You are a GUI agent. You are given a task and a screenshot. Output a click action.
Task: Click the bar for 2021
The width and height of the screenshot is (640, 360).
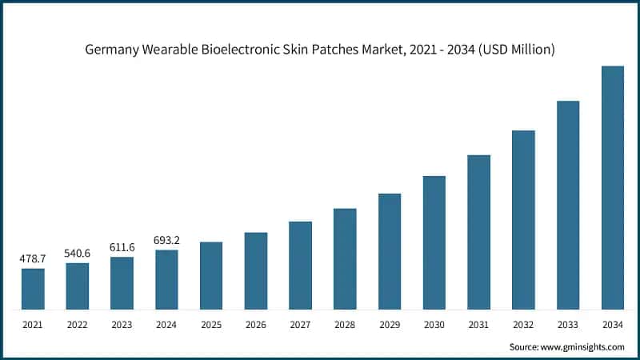[x=33, y=289]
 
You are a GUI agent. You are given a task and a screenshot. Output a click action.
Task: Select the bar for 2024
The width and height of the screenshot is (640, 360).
[x=166, y=279]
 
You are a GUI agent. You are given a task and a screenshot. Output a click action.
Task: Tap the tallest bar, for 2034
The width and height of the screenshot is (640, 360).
[x=612, y=188]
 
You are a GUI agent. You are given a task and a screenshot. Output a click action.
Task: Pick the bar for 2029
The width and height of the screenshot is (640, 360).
[x=390, y=251]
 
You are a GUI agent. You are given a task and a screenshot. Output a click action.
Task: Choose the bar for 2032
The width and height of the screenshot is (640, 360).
[x=523, y=220]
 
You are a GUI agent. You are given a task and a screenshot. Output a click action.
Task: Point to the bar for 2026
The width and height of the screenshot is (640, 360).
[x=256, y=270]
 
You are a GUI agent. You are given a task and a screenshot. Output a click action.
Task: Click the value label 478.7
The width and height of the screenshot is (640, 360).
[x=33, y=259]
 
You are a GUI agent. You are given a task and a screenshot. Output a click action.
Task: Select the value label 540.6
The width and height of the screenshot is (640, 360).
[x=78, y=254]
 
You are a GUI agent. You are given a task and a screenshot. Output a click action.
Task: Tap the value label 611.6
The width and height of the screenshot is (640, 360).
[x=122, y=247]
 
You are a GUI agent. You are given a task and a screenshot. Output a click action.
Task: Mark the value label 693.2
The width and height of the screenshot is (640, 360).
[x=166, y=240]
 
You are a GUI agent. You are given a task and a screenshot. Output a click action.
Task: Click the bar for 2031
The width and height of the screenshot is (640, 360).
[x=478, y=232]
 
